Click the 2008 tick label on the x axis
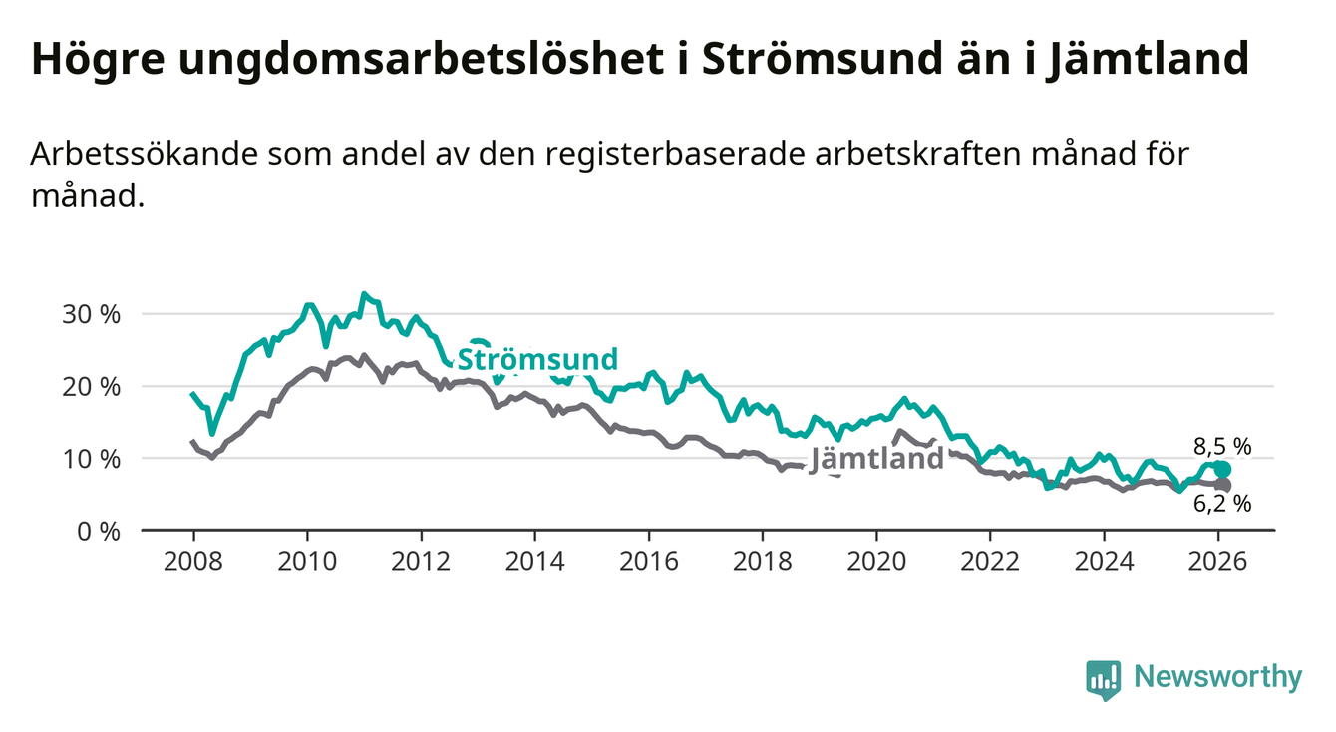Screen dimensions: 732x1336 [192, 560]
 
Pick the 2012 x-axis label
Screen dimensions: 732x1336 [421, 560]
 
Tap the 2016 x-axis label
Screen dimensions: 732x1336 [648, 560]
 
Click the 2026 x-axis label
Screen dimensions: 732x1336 [1218, 560]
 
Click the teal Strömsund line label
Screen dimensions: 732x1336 [537, 359]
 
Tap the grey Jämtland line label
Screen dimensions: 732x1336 [876, 459]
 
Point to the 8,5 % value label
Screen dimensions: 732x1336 [1221, 446]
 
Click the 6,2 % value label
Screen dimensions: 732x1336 [1221, 504]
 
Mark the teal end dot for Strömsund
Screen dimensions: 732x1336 [1222, 469]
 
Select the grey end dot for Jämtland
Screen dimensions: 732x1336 [1222, 486]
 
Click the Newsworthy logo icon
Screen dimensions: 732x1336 [1103, 679]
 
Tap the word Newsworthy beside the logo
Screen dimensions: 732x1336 [1218, 678]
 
